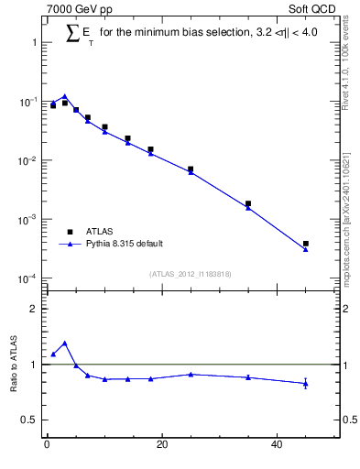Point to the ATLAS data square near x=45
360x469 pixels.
(x=306, y=244)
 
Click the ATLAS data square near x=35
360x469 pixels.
(x=248, y=203)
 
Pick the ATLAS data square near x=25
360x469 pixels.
(x=191, y=169)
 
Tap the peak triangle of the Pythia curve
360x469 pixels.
(x=64, y=96)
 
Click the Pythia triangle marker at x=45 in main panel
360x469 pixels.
(x=306, y=249)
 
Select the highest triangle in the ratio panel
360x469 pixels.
(x=64, y=344)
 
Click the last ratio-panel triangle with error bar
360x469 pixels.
(x=306, y=383)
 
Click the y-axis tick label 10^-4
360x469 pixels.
(x=26, y=278)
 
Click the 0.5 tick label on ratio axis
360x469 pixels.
(x=29, y=420)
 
